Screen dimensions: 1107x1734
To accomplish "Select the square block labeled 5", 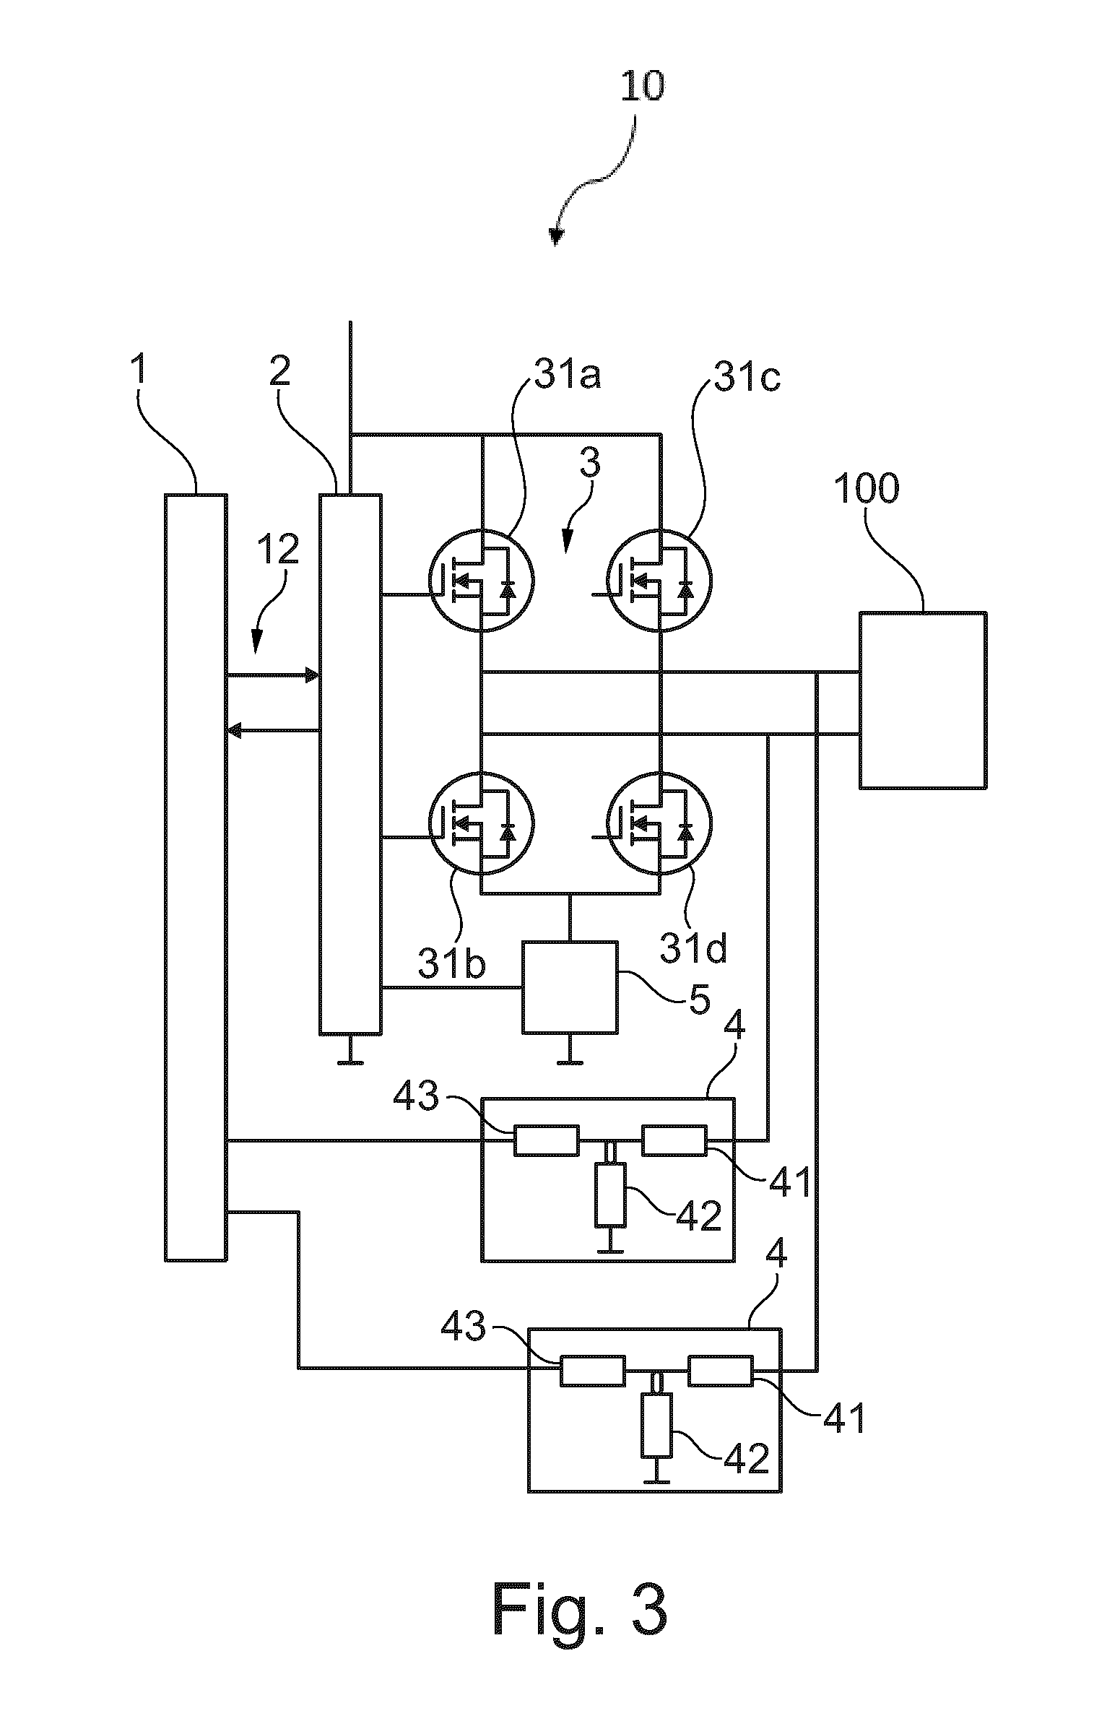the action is pos(570,987).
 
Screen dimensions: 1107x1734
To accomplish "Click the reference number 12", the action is pos(278,551).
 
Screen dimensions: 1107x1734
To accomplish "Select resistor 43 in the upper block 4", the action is pos(547,1140).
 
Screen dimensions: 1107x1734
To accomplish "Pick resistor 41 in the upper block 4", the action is pos(675,1140).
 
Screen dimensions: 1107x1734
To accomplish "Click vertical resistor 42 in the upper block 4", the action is pos(611,1194).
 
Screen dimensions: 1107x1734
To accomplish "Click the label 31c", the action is pos(747,378).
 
